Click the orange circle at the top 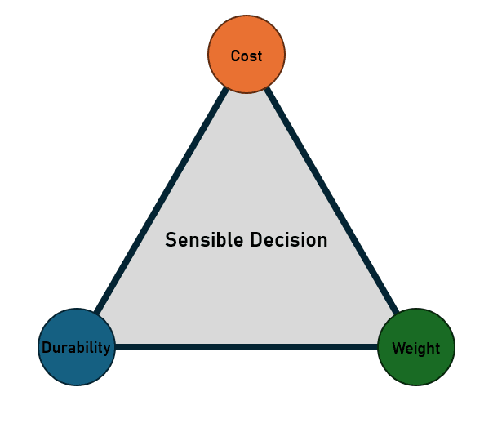click(x=246, y=54)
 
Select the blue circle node click(x=77, y=347)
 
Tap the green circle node click(x=416, y=347)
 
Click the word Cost click(x=246, y=56)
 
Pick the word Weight click(x=416, y=349)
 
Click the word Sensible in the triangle click(x=204, y=240)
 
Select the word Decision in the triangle click(x=289, y=240)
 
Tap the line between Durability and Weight click(x=246, y=347)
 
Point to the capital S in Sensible click(x=170, y=240)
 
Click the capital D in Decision click(x=256, y=240)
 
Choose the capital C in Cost click(x=235, y=56)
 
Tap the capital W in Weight click(x=399, y=348)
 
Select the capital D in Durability click(x=47, y=348)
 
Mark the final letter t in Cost click(x=260, y=56)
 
